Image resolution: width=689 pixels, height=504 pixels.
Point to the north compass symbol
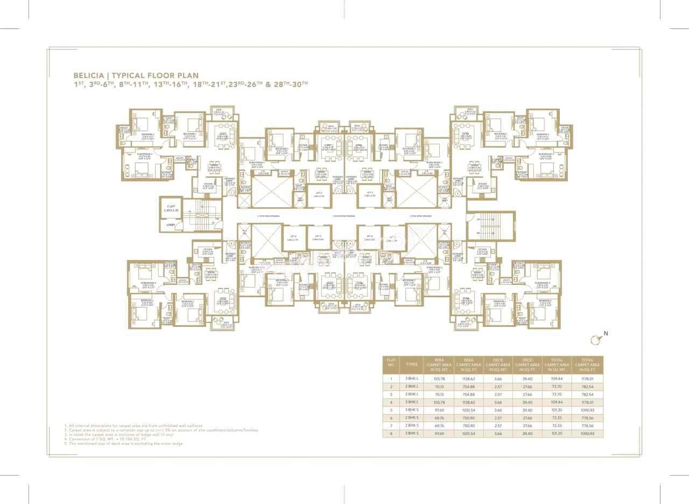596,339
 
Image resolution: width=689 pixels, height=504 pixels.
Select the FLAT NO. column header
391,365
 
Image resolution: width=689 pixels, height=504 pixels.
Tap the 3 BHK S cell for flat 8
412,433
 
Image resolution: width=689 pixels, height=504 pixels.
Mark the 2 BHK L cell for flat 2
412,386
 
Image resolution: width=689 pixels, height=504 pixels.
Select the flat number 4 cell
391,402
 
